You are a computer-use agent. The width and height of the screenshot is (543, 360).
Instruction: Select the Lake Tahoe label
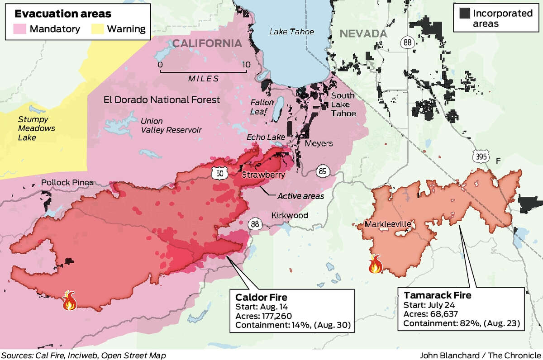coord(291,32)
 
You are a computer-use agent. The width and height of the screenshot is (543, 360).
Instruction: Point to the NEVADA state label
coord(363,34)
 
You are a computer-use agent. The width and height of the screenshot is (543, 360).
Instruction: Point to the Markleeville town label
coord(386,224)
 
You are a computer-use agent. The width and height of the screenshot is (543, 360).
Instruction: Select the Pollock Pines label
coord(67,183)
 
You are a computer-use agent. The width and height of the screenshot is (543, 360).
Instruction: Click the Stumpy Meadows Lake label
coord(36,128)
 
